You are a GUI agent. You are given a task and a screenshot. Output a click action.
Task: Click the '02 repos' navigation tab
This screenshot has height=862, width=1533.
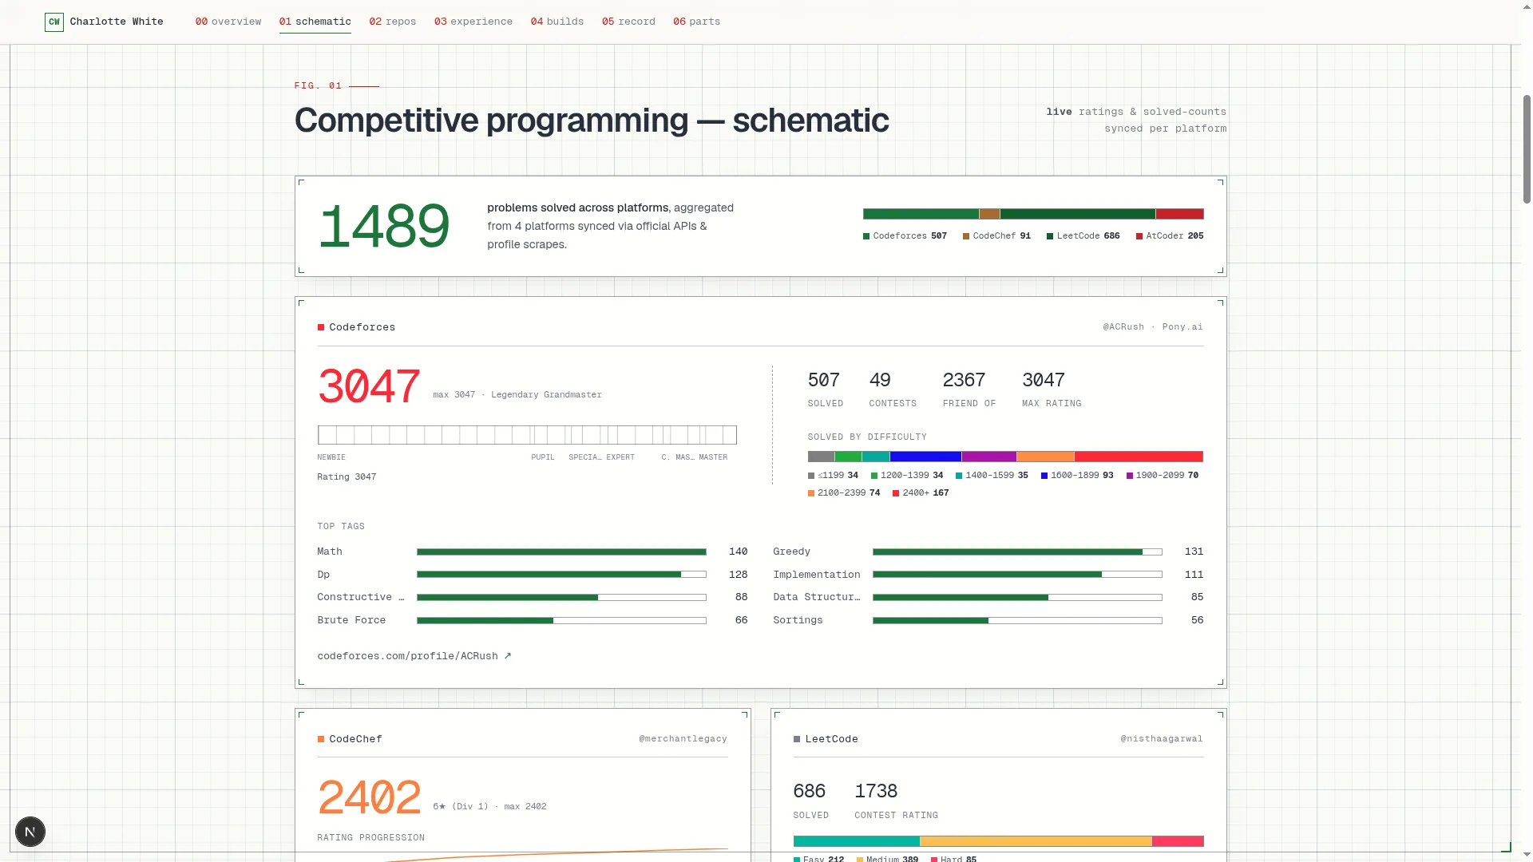click(x=392, y=22)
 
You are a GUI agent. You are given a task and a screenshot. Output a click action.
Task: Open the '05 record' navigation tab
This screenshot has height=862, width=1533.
click(x=628, y=22)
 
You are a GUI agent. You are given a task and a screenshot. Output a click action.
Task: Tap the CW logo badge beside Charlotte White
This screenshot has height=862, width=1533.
click(x=54, y=22)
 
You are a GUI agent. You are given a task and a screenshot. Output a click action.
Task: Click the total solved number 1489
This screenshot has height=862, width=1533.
click(x=384, y=227)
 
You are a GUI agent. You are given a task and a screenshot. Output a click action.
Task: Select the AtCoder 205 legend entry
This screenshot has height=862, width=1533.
click(x=1170, y=236)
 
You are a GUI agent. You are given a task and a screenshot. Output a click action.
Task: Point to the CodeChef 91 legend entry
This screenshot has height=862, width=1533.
click(x=996, y=236)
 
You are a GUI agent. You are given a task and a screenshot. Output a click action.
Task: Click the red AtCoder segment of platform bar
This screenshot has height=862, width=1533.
click(x=1179, y=214)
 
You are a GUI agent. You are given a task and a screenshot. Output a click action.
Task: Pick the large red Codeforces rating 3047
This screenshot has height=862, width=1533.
click(x=369, y=387)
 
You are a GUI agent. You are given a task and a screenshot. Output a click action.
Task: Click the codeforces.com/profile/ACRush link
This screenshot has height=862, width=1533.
click(x=414, y=656)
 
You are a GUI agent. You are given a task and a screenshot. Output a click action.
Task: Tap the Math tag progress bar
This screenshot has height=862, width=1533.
click(x=561, y=552)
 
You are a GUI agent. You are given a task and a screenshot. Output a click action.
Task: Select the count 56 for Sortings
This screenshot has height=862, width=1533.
click(x=1197, y=620)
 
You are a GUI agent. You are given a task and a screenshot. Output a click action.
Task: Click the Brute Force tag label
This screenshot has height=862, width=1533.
click(x=351, y=620)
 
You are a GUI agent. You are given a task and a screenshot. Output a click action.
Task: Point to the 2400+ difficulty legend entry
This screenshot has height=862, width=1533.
click(x=921, y=493)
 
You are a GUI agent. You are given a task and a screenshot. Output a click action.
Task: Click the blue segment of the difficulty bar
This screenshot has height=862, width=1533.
click(x=925, y=457)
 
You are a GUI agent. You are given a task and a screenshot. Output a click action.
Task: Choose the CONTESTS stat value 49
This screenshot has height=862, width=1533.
click(x=880, y=380)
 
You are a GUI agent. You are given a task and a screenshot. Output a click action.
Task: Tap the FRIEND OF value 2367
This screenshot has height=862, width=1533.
click(x=964, y=380)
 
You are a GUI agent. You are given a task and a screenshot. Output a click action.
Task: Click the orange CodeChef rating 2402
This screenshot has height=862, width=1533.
click(x=369, y=798)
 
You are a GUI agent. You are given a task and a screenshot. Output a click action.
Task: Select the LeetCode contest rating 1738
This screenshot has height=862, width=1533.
click(x=876, y=791)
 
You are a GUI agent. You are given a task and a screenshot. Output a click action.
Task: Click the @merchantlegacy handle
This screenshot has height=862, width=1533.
click(x=683, y=739)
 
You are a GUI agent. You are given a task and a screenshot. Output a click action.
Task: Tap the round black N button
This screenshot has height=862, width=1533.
click(x=30, y=832)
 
